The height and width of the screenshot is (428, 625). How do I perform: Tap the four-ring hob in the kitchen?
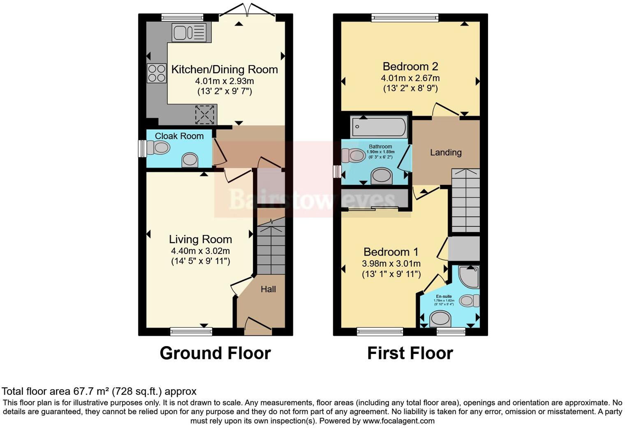pos(157,73)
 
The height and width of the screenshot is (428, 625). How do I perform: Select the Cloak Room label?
pos(179,136)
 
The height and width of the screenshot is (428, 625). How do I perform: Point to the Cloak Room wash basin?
pos(190,160)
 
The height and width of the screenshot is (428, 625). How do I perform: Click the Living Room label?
pos(200,240)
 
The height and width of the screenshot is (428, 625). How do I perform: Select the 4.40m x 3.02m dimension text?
pos(200,251)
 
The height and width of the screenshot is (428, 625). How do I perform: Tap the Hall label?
pos(268,289)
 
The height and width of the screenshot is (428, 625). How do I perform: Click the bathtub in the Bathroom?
pos(379,127)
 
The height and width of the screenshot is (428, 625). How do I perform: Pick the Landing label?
pos(446,153)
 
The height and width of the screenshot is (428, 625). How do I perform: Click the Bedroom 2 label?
pos(410,66)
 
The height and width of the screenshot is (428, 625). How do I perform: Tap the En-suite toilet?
pos(469,301)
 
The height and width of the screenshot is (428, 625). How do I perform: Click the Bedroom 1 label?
pos(391,252)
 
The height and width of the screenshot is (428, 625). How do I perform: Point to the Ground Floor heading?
pos(215,353)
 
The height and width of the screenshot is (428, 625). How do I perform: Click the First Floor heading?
pos(410,353)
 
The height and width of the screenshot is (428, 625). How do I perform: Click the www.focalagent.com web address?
pos(398,421)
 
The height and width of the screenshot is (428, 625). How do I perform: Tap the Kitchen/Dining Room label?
pos(225,70)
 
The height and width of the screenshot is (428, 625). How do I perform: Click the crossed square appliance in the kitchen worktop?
pos(205,114)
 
